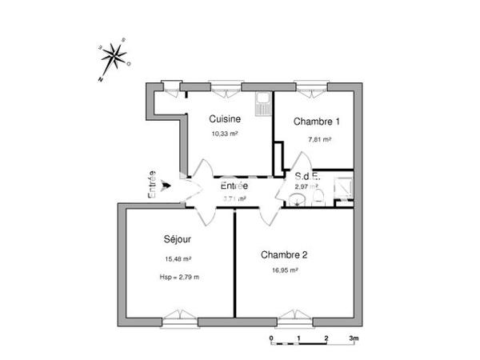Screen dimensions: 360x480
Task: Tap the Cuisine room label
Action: click(x=225, y=119)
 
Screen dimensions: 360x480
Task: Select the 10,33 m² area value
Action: click(x=225, y=134)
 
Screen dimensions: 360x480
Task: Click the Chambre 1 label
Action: click(x=317, y=122)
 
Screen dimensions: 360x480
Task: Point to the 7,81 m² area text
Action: click(x=319, y=138)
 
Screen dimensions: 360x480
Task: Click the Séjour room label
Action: click(x=177, y=239)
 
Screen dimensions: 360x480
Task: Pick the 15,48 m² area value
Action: click(x=177, y=258)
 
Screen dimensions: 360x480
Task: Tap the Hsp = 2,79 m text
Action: click(x=179, y=277)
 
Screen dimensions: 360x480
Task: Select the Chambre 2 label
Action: click(x=285, y=255)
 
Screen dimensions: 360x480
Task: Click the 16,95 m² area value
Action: click(x=285, y=270)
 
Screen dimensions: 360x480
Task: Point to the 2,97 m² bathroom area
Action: click(x=306, y=186)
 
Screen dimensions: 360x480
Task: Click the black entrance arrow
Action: click(x=166, y=187)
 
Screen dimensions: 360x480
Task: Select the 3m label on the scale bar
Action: click(x=353, y=339)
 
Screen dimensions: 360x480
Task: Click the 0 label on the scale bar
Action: click(x=271, y=339)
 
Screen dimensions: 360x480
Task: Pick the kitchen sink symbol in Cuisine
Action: click(x=262, y=102)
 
